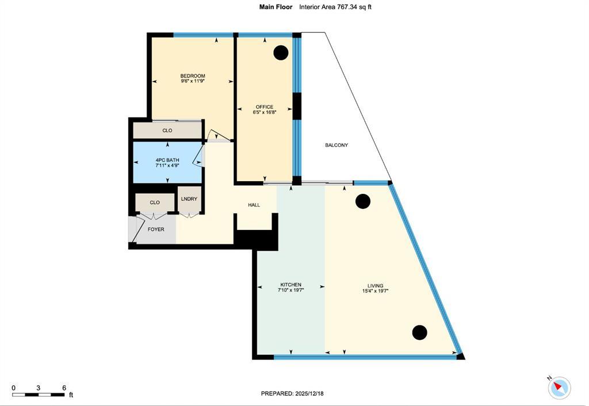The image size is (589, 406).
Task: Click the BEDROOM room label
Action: coord(192,76)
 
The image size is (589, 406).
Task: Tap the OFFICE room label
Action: coord(265,107)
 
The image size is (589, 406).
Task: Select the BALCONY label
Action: coord(336,145)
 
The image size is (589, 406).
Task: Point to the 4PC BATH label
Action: coord(167,159)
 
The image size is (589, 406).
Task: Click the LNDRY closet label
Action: coord(189,199)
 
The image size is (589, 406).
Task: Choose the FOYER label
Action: coord(156,229)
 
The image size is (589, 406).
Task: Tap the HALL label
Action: coord(254,205)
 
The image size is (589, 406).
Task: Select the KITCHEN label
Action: coord(290,285)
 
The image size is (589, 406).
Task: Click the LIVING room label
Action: coord(376,286)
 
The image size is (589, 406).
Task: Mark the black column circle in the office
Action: coord(281,53)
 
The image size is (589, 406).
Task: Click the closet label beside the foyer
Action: coord(155,202)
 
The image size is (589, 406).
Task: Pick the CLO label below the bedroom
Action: coord(167,131)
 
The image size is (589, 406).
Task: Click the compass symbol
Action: coord(559,388)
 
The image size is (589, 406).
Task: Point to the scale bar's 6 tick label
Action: coord(63,388)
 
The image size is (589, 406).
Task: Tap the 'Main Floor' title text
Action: coord(276,7)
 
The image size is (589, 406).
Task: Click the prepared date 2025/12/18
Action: coord(313,393)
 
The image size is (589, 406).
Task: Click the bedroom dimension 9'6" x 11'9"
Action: coord(192,82)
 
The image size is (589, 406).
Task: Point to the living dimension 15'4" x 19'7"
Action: coord(376,292)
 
